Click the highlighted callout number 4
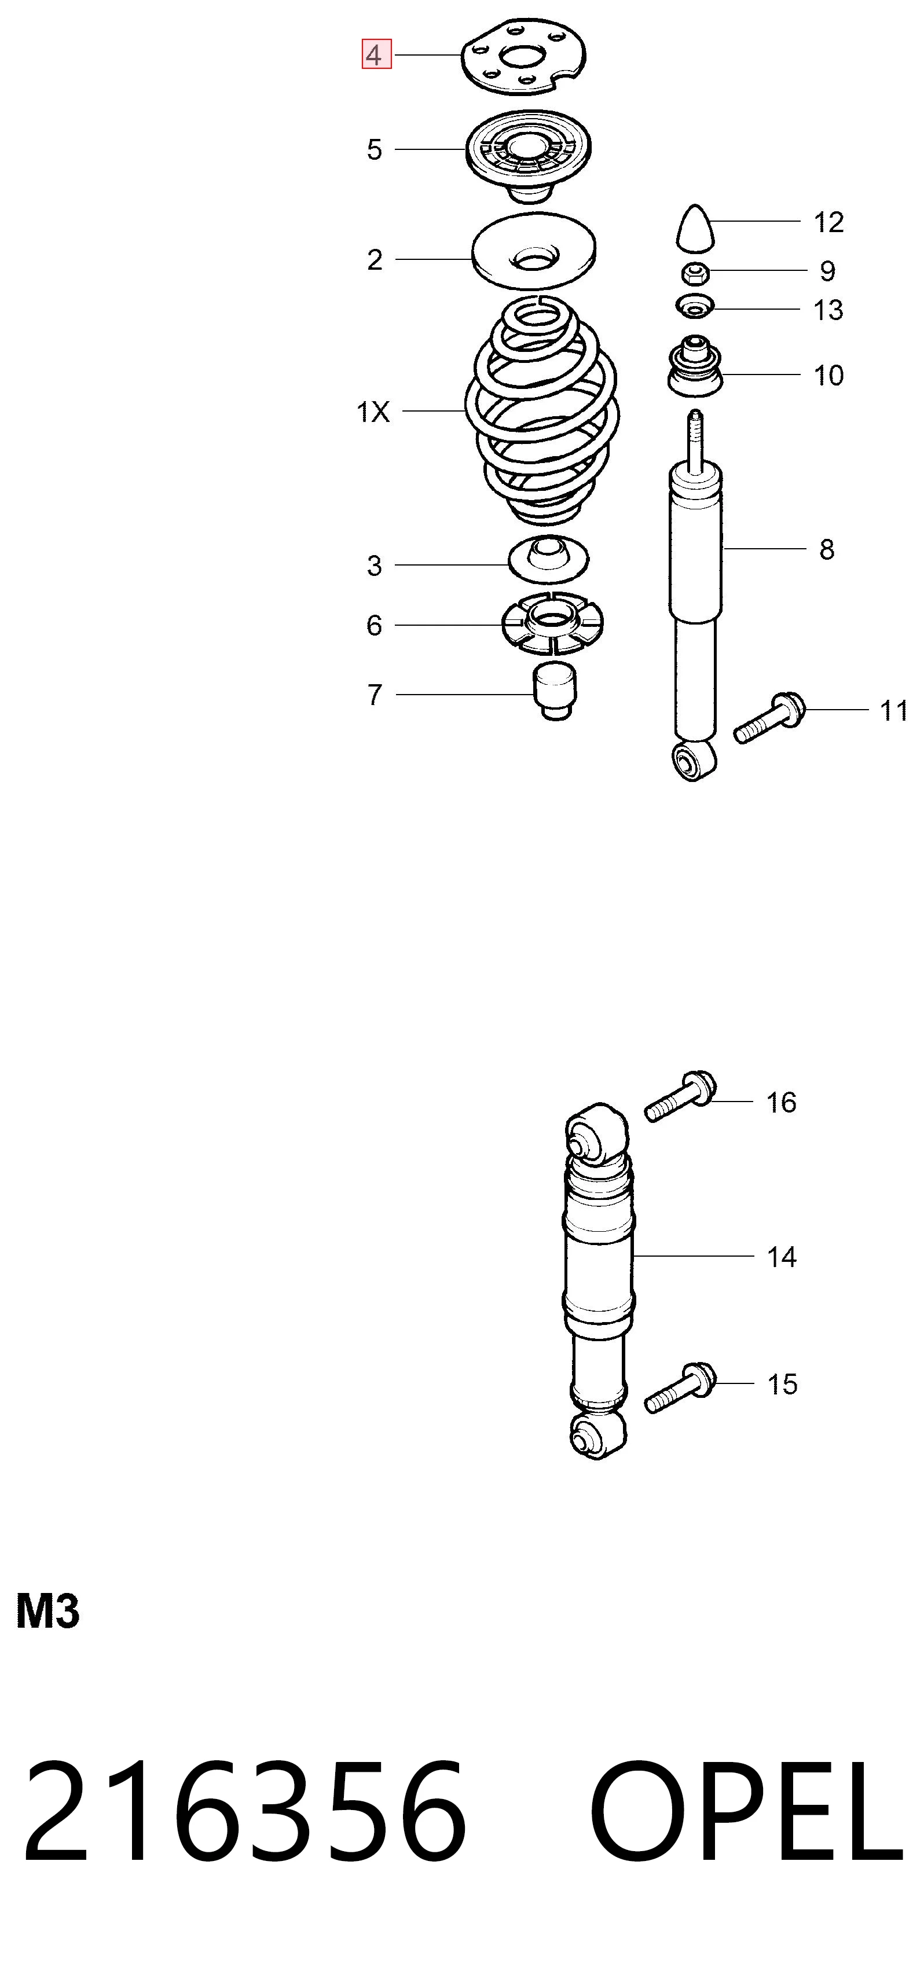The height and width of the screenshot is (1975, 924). [376, 54]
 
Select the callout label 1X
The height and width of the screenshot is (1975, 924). [373, 413]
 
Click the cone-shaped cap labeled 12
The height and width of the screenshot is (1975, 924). [695, 227]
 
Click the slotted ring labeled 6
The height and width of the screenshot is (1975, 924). [552, 623]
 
